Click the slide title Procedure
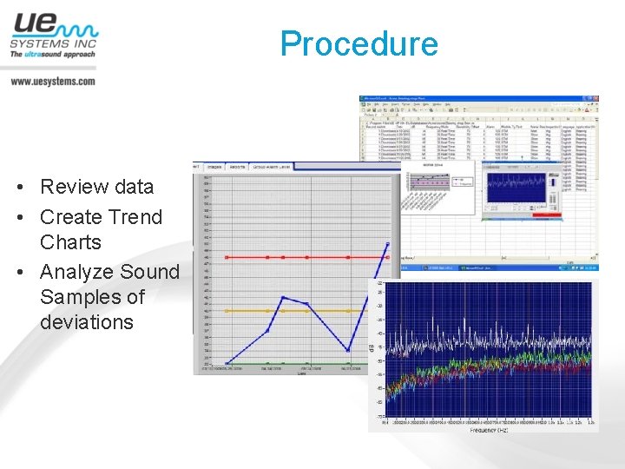[x=359, y=43]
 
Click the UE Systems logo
[x=53, y=36]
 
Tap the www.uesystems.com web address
[x=53, y=81]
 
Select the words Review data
[x=96, y=187]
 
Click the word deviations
[x=87, y=322]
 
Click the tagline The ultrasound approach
[x=52, y=54]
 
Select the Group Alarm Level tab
[x=272, y=165]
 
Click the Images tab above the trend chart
[x=214, y=165]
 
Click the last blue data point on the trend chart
[x=388, y=244]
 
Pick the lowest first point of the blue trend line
[x=227, y=363]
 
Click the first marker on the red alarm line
[x=227, y=257]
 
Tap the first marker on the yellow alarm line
[x=227, y=310]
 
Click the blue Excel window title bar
[x=477, y=99]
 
